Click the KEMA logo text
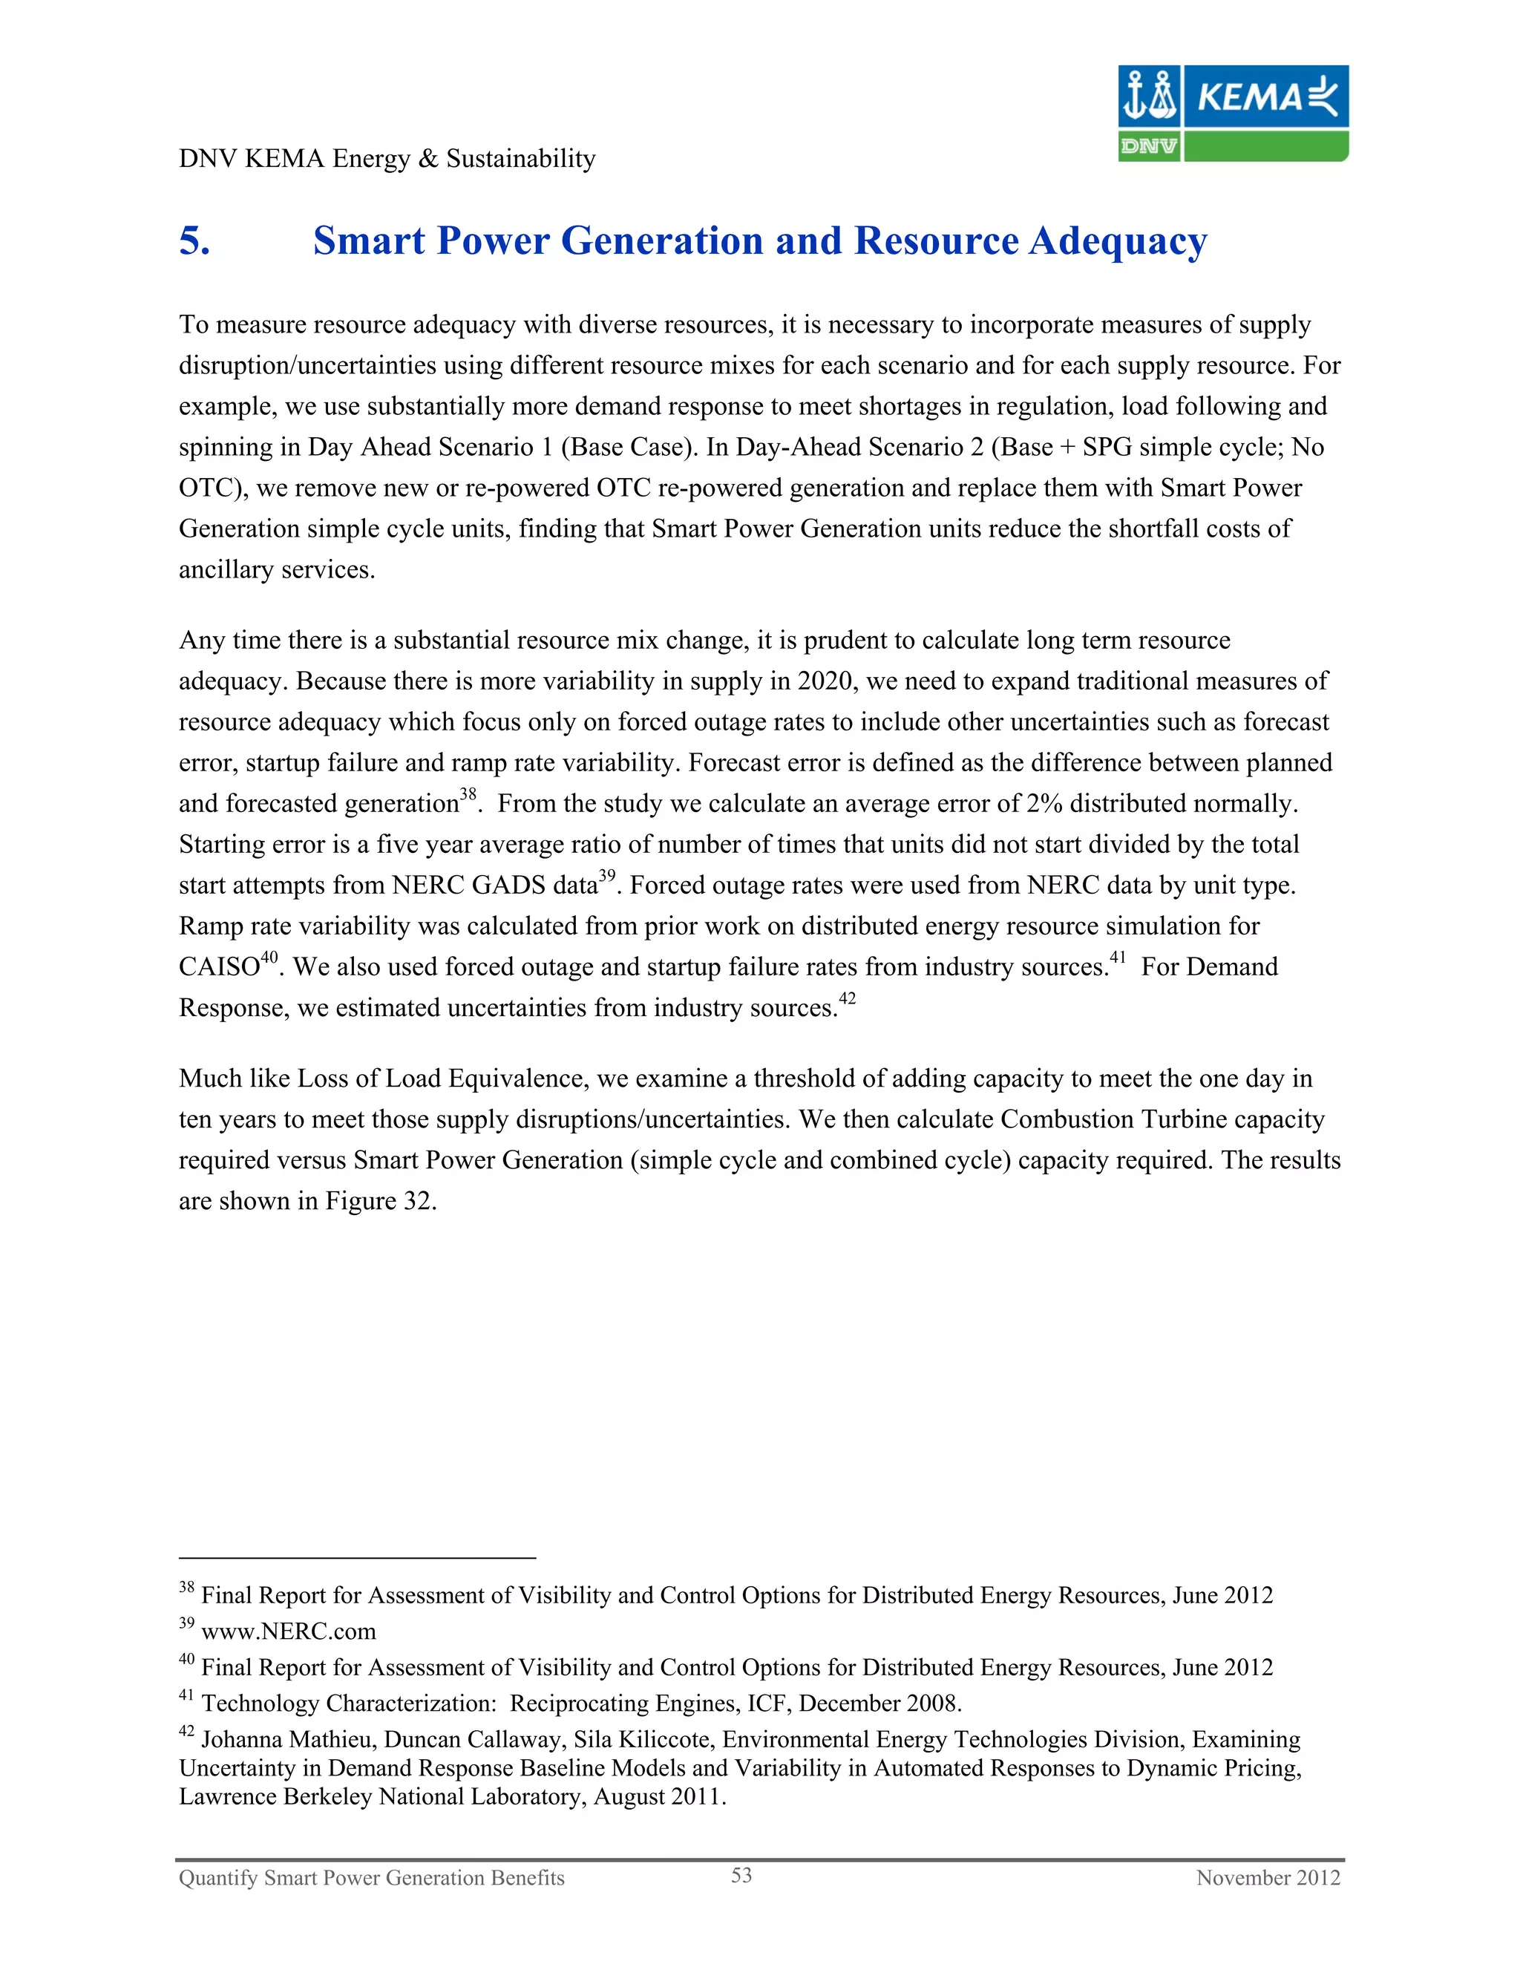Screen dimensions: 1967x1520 1250,97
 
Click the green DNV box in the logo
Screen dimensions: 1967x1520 1148,146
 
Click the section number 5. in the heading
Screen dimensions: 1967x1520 194,241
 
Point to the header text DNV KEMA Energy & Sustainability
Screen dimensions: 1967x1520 387,159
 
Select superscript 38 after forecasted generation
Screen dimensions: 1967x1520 468,794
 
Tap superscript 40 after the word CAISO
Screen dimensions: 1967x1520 269,958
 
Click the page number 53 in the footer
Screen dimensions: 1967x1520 741,1875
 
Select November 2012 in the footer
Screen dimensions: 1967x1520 1268,1878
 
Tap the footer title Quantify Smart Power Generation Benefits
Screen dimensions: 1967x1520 371,1878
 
